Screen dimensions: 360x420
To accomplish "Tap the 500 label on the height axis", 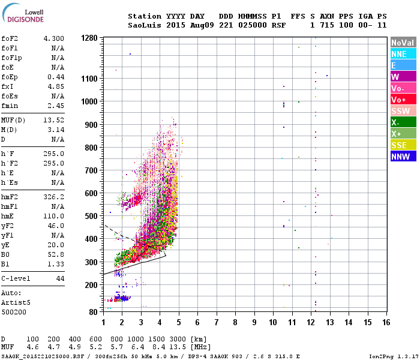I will (x=91, y=216).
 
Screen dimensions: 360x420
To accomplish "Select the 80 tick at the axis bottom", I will (x=93, y=311).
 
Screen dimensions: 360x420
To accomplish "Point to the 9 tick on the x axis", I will (x=254, y=322).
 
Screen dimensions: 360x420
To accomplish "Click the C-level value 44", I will (x=60, y=278).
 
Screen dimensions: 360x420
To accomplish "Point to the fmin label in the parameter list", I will (x=10, y=106).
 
